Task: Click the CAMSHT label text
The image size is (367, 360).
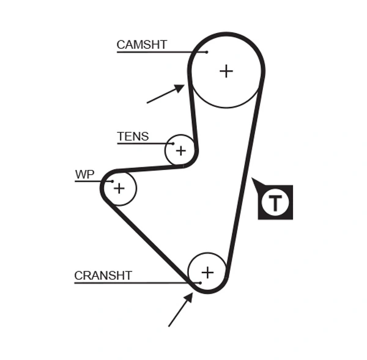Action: pos(141,45)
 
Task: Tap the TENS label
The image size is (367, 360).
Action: pos(133,136)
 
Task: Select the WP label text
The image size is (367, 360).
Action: pos(84,175)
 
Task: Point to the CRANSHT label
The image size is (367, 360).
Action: pos(103,276)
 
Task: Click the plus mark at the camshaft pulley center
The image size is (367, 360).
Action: pos(226,71)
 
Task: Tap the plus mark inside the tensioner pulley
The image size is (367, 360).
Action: pos(180,150)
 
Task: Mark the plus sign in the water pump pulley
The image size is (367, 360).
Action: pos(119,188)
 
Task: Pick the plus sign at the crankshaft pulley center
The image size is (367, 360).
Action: pos(207,272)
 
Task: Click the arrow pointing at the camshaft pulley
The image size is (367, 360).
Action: pos(166,94)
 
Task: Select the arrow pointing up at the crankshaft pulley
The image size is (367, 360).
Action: pos(180,309)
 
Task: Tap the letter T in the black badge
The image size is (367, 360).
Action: pos(276,202)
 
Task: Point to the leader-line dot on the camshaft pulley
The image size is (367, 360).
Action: pos(207,52)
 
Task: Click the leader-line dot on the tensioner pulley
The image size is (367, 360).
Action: pos(173,144)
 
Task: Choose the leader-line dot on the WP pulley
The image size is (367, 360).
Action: pos(111,182)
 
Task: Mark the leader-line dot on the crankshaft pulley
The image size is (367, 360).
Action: pos(199,282)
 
